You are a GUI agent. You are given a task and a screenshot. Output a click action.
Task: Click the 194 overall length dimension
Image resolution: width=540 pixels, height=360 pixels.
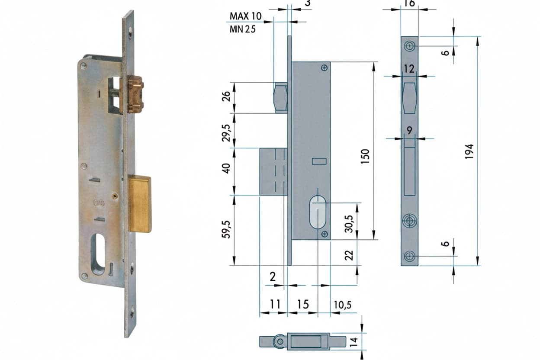tap(469, 152)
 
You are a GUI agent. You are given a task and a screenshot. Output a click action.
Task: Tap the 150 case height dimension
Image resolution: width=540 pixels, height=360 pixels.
tap(365, 157)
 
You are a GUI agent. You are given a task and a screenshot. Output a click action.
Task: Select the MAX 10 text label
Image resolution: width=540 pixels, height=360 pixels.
tap(245, 16)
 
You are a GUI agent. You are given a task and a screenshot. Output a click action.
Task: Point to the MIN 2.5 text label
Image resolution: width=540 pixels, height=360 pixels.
tap(242, 29)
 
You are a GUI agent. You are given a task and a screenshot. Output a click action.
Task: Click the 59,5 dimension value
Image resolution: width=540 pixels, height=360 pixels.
tap(226, 229)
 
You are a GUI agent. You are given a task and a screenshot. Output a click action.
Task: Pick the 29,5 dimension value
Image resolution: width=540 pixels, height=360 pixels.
tap(226, 133)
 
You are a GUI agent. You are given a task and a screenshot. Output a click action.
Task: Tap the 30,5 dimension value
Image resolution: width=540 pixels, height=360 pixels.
tap(349, 224)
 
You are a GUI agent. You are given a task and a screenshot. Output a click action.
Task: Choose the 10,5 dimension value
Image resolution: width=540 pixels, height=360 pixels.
tap(343, 305)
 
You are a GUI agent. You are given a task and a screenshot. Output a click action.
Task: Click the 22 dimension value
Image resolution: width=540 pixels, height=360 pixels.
tap(349, 256)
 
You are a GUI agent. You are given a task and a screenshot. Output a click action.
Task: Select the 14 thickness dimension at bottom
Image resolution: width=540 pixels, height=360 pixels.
tap(354, 341)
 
